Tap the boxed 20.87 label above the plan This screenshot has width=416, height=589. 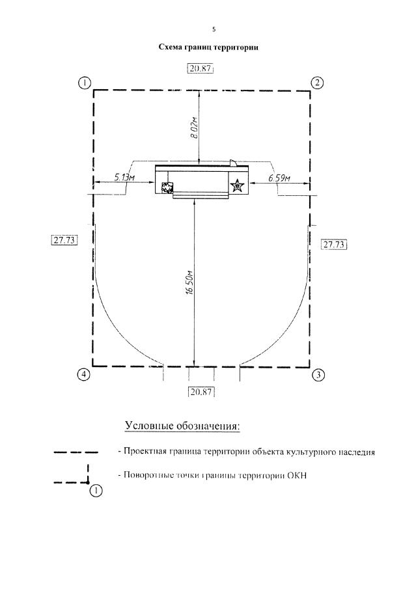point(201,69)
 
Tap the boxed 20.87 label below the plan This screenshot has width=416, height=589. point(201,392)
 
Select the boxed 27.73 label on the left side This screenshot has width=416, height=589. point(64,240)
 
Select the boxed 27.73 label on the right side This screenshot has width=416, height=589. point(335,244)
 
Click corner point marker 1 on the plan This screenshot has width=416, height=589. point(84,83)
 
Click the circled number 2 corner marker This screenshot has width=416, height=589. point(317,83)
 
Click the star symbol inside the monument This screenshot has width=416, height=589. point(238,186)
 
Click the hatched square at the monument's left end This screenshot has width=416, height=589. point(167,188)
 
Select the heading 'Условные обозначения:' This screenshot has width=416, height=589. point(182,426)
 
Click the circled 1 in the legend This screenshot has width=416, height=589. point(96,490)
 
